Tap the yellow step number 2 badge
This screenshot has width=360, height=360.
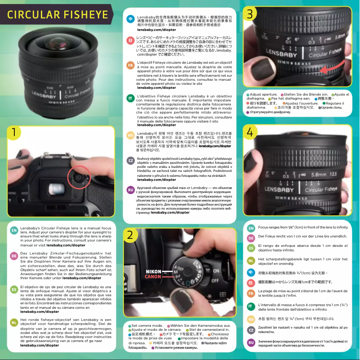coord(129,235)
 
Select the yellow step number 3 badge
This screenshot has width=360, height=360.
coord(250,14)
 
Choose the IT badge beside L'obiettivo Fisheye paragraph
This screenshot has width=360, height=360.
coord(130,98)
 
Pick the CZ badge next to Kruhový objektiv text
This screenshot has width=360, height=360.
coord(130,160)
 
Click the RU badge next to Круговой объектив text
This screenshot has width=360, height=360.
coord(130,190)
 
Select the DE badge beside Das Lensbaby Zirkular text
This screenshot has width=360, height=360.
coord(14,256)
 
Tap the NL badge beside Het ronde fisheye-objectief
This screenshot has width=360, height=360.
coord(14,322)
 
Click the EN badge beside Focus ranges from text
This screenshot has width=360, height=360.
coord(251,228)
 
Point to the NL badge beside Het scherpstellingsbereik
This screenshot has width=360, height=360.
coord(251,261)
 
